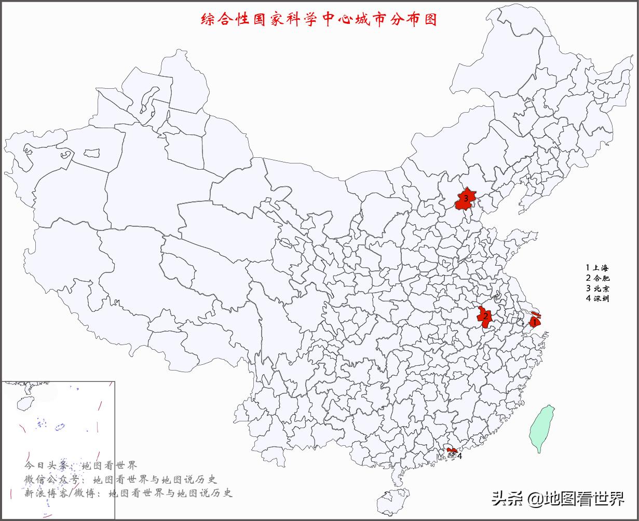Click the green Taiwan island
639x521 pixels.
click(541, 428)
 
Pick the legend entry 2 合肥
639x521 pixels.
click(597, 278)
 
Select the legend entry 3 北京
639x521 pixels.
click(597, 288)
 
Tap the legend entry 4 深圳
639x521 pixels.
click(597, 298)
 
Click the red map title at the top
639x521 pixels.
click(319, 20)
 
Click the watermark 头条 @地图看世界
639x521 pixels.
click(558, 499)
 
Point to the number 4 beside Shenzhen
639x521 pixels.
click(459, 456)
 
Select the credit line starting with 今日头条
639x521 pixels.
click(80, 465)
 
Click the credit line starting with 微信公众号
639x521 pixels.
click(120, 479)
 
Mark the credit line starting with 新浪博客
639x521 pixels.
click(128, 493)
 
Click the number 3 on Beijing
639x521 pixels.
click(466, 198)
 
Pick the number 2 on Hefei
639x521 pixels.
click(485, 316)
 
